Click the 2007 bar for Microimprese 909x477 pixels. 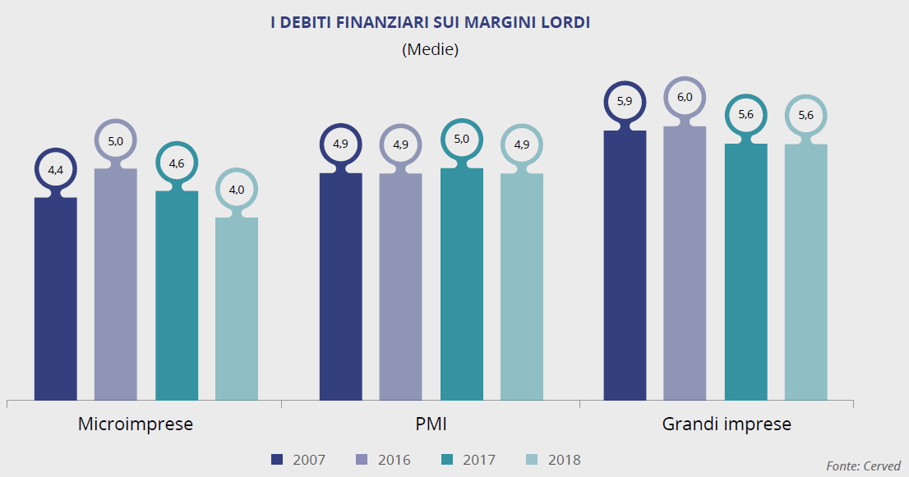click(x=55, y=299)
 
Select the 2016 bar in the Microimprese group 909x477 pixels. click(x=116, y=284)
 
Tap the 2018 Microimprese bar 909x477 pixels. click(x=237, y=309)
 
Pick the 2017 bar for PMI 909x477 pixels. click(x=462, y=284)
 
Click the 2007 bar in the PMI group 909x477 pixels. click(x=340, y=287)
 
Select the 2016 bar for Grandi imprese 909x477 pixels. click(x=685, y=263)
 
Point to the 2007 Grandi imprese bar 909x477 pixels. click(x=625, y=265)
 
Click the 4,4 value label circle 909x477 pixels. click(x=56, y=171)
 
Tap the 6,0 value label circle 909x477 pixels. click(x=685, y=98)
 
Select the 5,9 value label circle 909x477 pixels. click(x=625, y=102)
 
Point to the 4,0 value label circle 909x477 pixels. click(x=237, y=190)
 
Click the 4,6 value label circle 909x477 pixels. click(x=177, y=163)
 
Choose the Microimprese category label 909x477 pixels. click(x=136, y=424)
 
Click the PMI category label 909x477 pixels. click(x=431, y=424)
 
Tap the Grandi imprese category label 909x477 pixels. click(x=727, y=424)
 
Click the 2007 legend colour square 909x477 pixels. click(x=277, y=460)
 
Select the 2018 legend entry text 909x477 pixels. click(x=564, y=460)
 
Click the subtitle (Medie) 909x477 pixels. click(x=430, y=49)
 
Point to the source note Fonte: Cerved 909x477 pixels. click(x=863, y=466)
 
